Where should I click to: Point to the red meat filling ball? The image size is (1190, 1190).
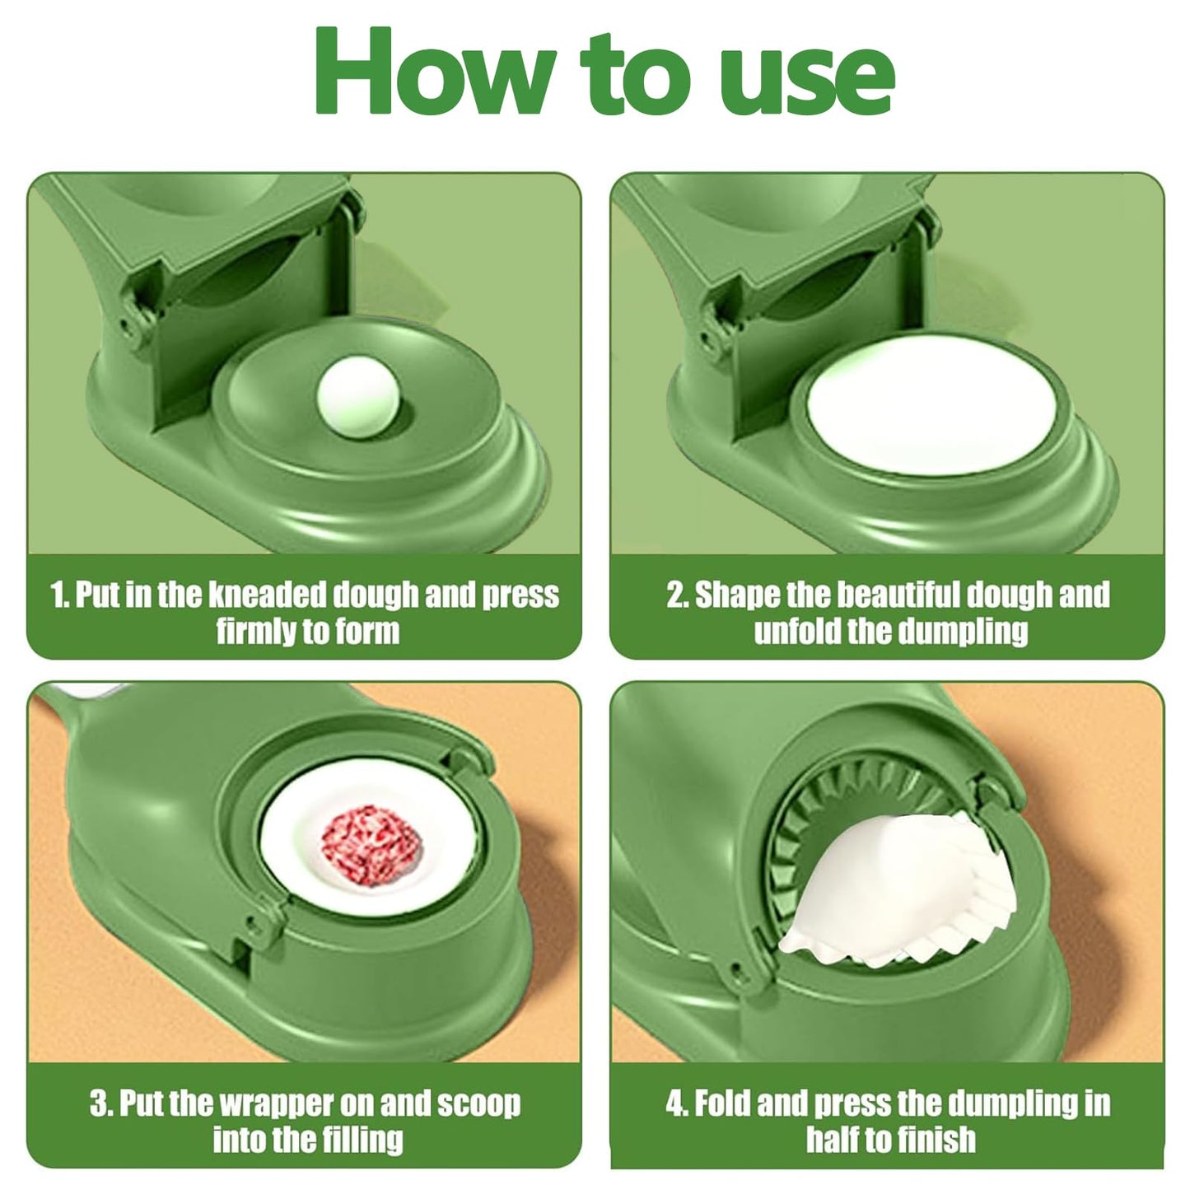coord(371,846)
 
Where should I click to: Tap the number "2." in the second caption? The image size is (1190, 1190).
coord(677,595)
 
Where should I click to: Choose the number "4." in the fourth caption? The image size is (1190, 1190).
coord(677,1104)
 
